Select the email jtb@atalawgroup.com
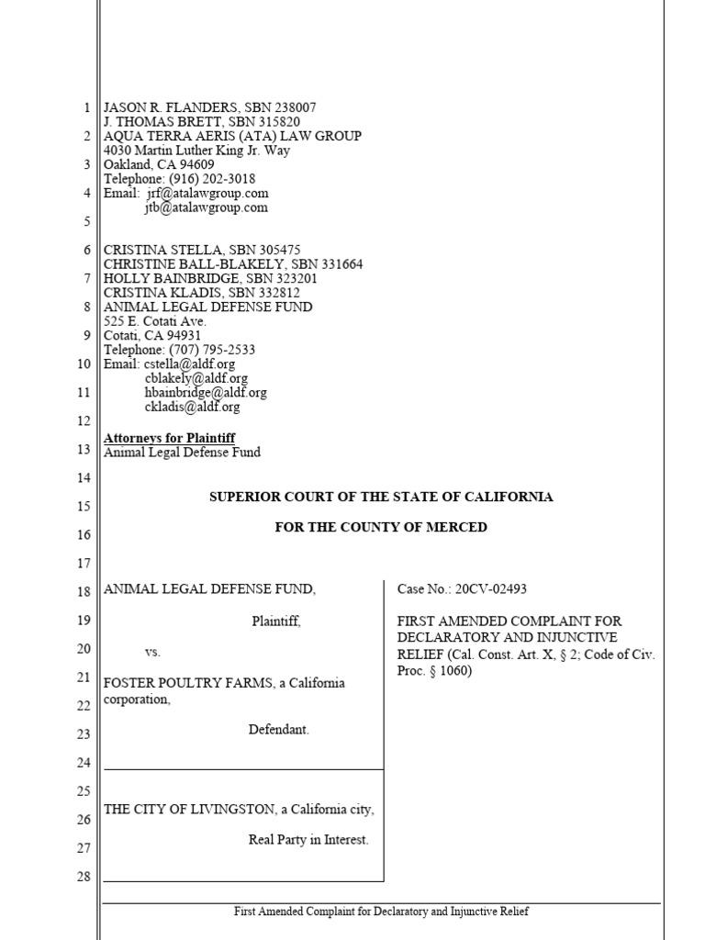point(206,207)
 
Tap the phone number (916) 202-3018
point(213,179)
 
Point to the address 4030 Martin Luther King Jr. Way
point(197,151)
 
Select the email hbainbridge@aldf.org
point(206,392)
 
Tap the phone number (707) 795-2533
point(213,350)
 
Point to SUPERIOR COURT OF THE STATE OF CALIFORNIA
point(381,497)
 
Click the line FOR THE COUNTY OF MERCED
point(381,528)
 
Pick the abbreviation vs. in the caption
point(152,652)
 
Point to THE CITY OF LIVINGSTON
point(189,810)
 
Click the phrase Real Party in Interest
point(308,840)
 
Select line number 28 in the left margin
point(84,877)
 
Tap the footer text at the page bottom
point(381,912)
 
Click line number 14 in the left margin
point(84,478)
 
